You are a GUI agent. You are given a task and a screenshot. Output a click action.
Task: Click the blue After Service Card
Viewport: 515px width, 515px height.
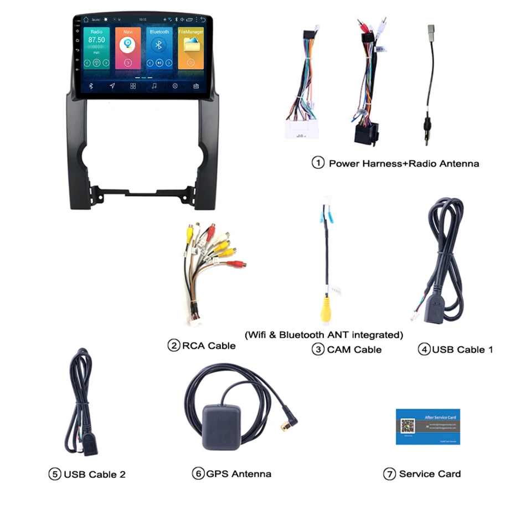coord(428,426)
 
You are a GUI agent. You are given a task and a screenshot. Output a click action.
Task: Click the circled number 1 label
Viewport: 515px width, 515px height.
coord(318,163)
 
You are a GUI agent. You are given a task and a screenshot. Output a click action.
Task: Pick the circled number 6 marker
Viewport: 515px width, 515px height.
coord(198,474)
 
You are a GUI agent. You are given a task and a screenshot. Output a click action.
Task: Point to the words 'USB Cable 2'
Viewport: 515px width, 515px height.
coord(94,475)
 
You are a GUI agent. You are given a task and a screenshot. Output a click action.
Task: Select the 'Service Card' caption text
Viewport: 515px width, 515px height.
coord(430,474)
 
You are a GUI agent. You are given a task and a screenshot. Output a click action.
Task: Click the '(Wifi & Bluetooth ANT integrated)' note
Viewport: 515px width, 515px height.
coord(323,335)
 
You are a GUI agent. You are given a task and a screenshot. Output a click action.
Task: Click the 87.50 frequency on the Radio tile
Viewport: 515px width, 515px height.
coord(96,40)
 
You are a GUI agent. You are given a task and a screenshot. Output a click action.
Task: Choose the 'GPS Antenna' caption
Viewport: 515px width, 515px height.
coord(239,474)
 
